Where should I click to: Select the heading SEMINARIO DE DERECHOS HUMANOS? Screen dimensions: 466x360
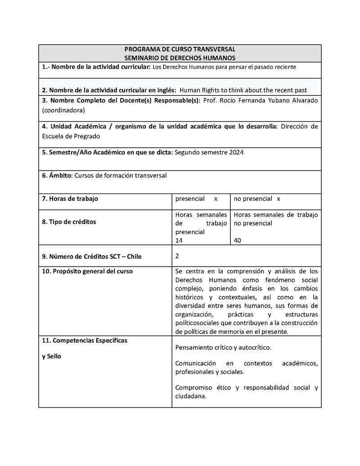pyautogui.click(x=180, y=58)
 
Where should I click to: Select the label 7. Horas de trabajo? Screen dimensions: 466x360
pyautogui.click(x=70, y=199)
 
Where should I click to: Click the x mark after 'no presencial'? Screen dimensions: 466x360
pyautogui.click(x=279, y=199)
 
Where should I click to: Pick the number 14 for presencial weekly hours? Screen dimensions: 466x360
pyautogui.click(x=179, y=240)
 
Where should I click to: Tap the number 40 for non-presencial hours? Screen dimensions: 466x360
pyautogui.click(x=238, y=240)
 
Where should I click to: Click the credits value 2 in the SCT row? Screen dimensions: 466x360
pyautogui.click(x=177, y=256)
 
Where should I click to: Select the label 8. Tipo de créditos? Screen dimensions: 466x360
pyautogui.click(x=69, y=222)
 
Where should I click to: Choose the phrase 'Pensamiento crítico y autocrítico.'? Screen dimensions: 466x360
pyautogui.click(x=223, y=348)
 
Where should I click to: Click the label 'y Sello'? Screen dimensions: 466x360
pyautogui.click(x=52, y=357)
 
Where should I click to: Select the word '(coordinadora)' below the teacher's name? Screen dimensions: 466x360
pyautogui.click(x=63, y=110)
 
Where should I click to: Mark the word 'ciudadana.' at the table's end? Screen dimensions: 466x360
pyautogui.click(x=191, y=397)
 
